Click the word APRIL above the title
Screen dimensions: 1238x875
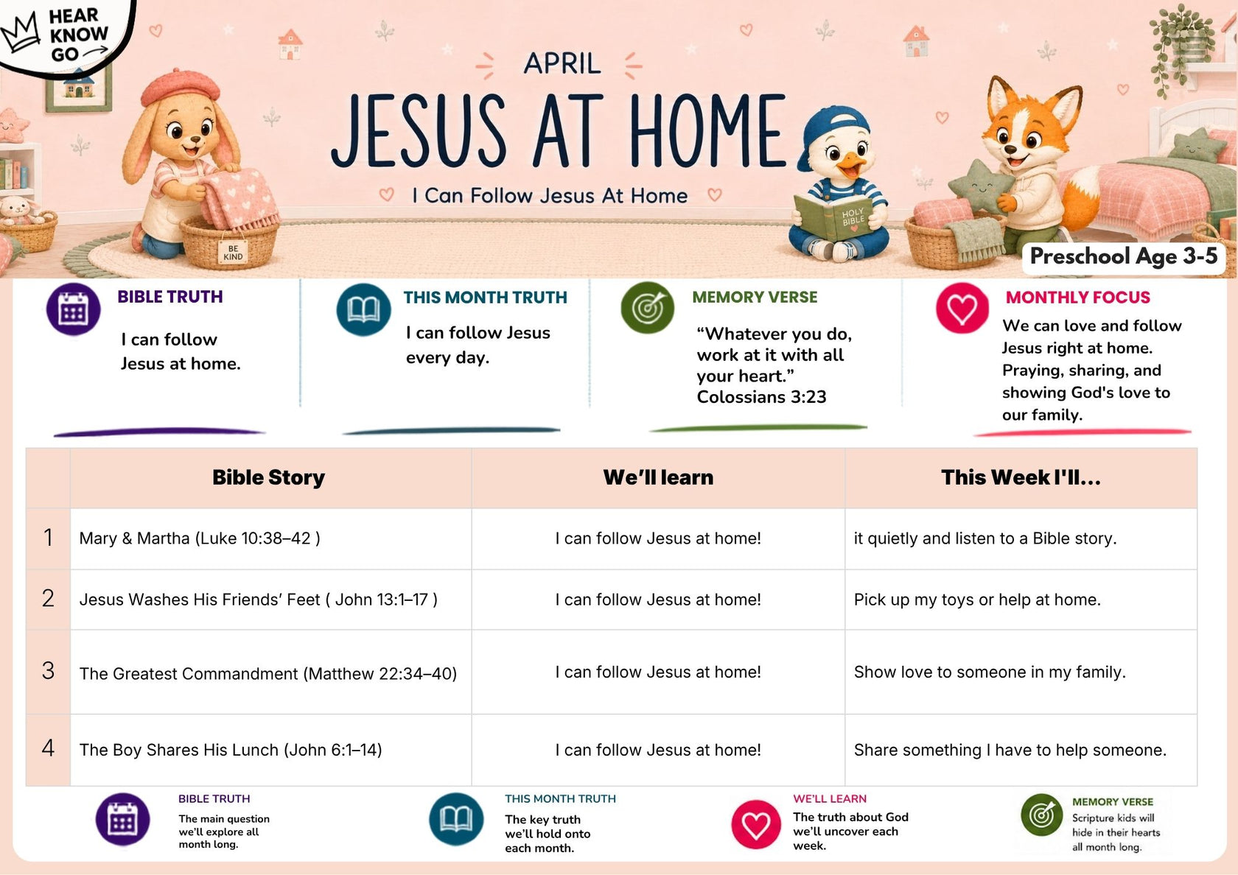(562, 63)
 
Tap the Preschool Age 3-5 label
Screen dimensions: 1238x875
(1123, 256)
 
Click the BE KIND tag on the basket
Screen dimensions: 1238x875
(233, 253)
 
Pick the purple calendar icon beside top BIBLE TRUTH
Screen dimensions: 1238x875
(74, 309)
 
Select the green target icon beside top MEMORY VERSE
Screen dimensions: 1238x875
(647, 308)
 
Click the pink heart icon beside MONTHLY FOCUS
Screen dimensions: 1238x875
(962, 308)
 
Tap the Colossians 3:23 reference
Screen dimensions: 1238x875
(761, 396)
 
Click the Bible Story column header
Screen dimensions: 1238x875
(268, 477)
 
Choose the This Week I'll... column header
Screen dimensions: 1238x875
(1021, 477)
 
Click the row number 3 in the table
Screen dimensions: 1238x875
(48, 670)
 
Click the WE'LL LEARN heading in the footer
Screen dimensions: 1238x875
(830, 798)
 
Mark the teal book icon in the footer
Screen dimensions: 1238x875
(456, 819)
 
